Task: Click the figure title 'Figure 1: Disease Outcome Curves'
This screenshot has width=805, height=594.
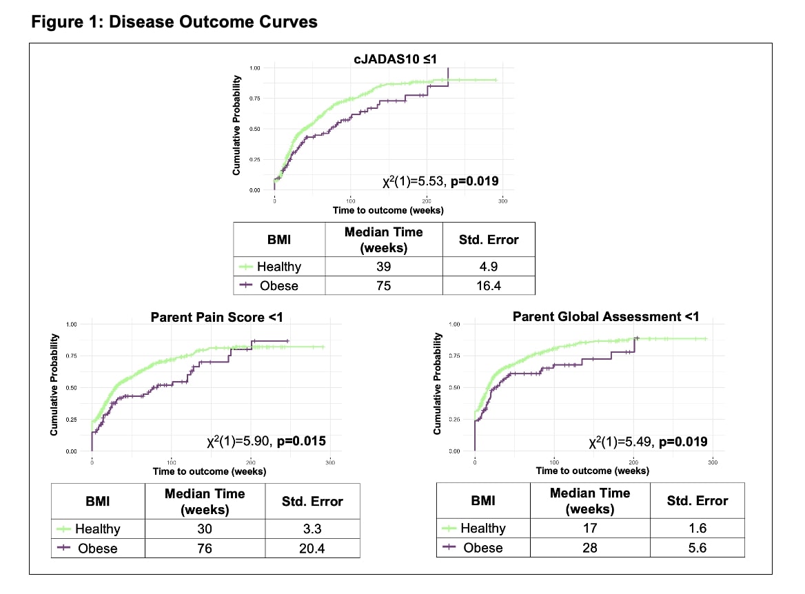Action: click(x=174, y=22)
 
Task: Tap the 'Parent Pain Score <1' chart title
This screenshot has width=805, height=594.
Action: click(x=216, y=317)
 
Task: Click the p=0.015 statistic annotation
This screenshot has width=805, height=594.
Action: click(x=300, y=442)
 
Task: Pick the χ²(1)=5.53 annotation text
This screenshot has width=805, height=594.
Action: click(x=411, y=182)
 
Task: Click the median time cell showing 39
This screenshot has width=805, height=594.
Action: click(x=383, y=266)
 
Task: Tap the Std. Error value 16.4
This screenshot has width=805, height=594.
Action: click(x=488, y=285)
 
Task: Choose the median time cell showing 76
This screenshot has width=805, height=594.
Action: click(x=205, y=548)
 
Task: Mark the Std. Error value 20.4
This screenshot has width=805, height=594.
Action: click(x=312, y=548)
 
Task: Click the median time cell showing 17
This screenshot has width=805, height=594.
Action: click(x=589, y=529)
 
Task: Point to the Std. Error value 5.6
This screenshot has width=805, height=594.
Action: click(x=697, y=548)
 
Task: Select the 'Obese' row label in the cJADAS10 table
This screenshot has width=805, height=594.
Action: click(x=279, y=285)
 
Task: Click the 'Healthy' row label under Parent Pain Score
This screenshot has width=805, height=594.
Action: click(x=97, y=529)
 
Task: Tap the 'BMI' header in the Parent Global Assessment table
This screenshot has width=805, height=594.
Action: click(x=483, y=501)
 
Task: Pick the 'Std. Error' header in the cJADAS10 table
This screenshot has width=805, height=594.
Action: click(x=488, y=240)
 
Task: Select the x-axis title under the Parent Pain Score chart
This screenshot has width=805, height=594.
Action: click(x=210, y=471)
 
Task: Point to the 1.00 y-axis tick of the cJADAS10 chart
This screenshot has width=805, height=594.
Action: click(x=255, y=68)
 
